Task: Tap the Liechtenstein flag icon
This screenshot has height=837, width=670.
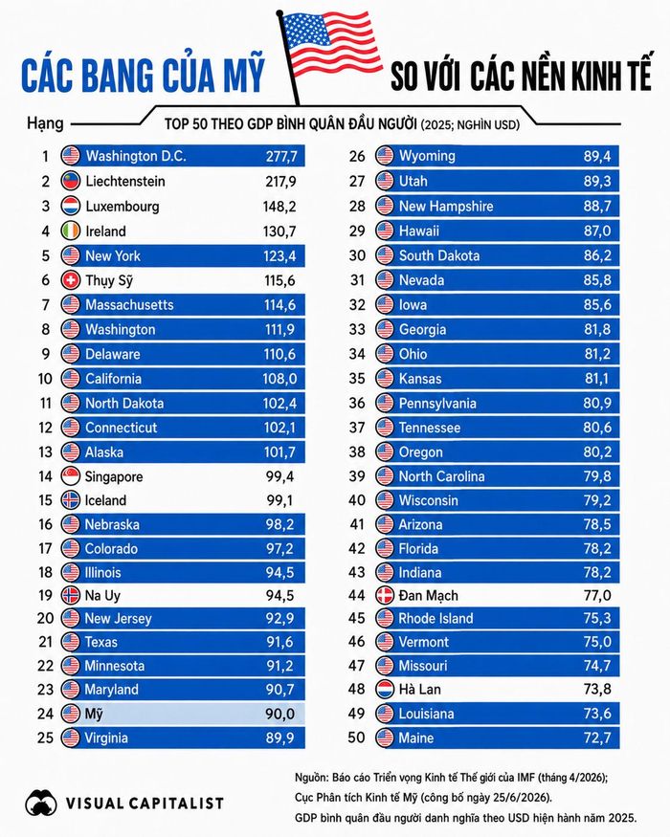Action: click(71, 181)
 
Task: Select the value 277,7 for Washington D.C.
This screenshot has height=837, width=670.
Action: click(281, 157)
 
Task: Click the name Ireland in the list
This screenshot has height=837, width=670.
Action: click(106, 231)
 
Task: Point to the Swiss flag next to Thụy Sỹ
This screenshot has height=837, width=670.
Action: click(71, 280)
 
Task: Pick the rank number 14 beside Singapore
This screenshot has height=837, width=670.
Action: click(45, 476)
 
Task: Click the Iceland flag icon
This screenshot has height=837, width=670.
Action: click(71, 500)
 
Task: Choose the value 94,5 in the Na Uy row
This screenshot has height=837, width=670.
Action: click(280, 595)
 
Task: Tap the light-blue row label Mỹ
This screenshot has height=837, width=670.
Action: click(94, 714)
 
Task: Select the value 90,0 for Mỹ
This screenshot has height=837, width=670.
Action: click(280, 714)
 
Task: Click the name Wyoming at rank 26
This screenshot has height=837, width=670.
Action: click(427, 157)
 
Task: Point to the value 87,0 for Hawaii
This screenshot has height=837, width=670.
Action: click(597, 231)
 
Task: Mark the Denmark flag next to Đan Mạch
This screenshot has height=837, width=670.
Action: click(385, 595)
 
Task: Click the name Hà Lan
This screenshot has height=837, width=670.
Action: click(420, 689)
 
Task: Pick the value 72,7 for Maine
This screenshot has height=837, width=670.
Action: click(597, 738)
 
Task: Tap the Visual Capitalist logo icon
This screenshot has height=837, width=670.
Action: click(41, 803)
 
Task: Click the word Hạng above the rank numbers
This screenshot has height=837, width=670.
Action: click(45, 124)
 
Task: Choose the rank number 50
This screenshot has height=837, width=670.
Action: click(356, 738)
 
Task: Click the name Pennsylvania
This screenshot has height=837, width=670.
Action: click(437, 404)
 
